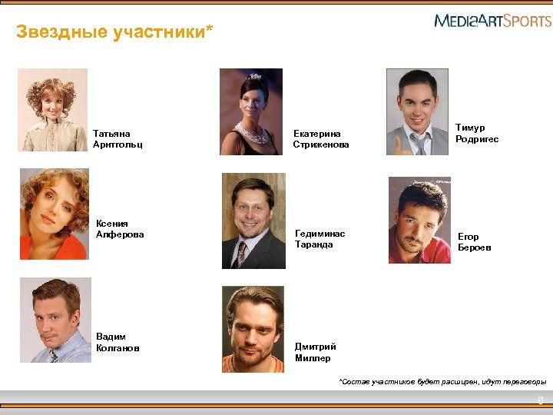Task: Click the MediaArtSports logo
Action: click(x=492, y=21)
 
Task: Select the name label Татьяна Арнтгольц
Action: click(x=118, y=138)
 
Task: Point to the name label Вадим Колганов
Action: click(x=118, y=342)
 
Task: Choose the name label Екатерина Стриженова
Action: click(x=321, y=138)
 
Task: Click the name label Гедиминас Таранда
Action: click(x=320, y=239)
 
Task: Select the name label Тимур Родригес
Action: click(x=476, y=134)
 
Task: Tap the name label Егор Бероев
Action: click(x=474, y=242)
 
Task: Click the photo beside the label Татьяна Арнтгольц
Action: click(x=53, y=109)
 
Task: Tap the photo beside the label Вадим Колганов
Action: click(x=55, y=320)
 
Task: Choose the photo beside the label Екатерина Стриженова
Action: click(x=251, y=112)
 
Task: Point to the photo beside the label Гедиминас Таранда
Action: click(x=253, y=221)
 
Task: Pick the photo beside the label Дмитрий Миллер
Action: click(x=253, y=329)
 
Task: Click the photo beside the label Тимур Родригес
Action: click(x=417, y=112)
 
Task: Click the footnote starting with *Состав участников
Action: click(x=443, y=381)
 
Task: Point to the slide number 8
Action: click(x=541, y=400)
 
